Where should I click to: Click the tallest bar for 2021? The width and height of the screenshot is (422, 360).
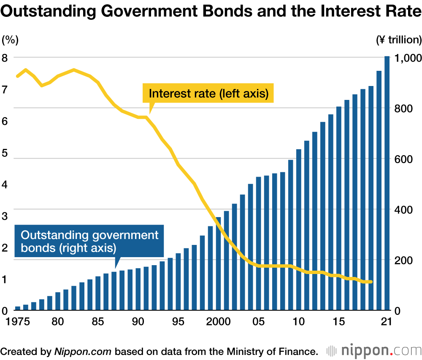(x=387, y=183)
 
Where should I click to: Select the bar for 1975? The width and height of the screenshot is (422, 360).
(x=18, y=308)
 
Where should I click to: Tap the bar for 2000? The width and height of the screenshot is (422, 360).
(x=218, y=264)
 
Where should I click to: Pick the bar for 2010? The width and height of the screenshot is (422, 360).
(x=299, y=230)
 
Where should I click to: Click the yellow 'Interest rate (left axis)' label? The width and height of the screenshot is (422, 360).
(x=208, y=94)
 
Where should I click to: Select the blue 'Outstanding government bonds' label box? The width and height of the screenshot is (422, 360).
(x=89, y=241)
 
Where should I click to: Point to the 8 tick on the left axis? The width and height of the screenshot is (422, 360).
(x=5, y=58)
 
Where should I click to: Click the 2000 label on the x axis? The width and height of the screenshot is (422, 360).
(x=218, y=322)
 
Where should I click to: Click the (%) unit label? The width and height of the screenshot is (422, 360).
(x=10, y=40)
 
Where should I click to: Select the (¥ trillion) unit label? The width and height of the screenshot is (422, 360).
(x=398, y=40)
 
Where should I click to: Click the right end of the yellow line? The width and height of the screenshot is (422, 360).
(x=371, y=282)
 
